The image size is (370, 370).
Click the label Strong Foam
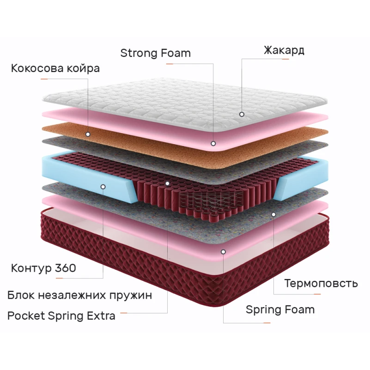pyautogui.click(x=155, y=53)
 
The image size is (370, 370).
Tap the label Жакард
pyautogui.click(x=284, y=50)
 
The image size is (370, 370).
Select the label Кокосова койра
pyautogui.click(x=55, y=69)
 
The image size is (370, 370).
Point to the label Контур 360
pyautogui.click(x=43, y=268)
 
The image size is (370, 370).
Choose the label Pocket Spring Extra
pyautogui.click(x=61, y=316)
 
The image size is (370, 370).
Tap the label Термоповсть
pyautogui.click(x=321, y=283)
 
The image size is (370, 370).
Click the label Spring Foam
pyautogui.click(x=280, y=309)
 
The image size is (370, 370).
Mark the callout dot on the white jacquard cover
pyautogui.click(x=241, y=114)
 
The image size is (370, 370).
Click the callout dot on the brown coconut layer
pyautogui.click(x=88, y=134)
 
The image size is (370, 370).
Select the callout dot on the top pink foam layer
pyautogui.click(x=213, y=143)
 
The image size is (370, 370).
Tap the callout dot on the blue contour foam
pyautogui.click(x=103, y=187)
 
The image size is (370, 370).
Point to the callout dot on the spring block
pyautogui.click(x=168, y=183)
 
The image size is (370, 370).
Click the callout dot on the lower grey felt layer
pyautogui.click(x=273, y=214)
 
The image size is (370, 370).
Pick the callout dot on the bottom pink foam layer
pyautogui.click(x=224, y=252)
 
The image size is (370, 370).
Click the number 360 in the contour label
pyautogui.click(x=65, y=268)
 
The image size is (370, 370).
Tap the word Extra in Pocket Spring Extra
pyautogui.click(x=101, y=316)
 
